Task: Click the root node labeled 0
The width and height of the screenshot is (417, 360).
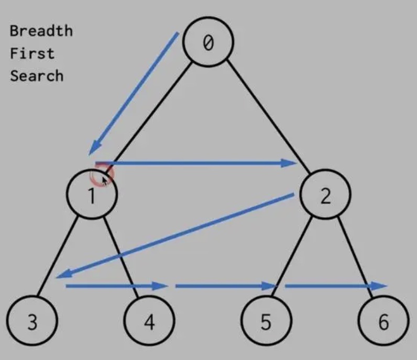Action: tap(208, 42)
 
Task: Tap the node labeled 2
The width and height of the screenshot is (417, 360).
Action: tap(325, 195)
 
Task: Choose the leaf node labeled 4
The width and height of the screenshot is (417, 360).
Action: tap(149, 322)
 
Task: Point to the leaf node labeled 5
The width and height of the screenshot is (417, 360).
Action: tap(266, 322)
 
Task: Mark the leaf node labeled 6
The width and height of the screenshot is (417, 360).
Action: tap(383, 322)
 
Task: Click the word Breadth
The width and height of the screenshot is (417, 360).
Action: tap(41, 30)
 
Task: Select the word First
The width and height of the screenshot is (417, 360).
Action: tap(32, 53)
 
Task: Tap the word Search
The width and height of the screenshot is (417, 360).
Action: tap(37, 76)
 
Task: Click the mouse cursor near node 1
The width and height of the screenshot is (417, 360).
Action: tap(105, 180)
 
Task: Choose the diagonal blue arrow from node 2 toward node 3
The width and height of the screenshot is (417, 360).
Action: tap(178, 235)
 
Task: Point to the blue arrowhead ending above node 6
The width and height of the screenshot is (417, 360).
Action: tap(380, 286)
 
